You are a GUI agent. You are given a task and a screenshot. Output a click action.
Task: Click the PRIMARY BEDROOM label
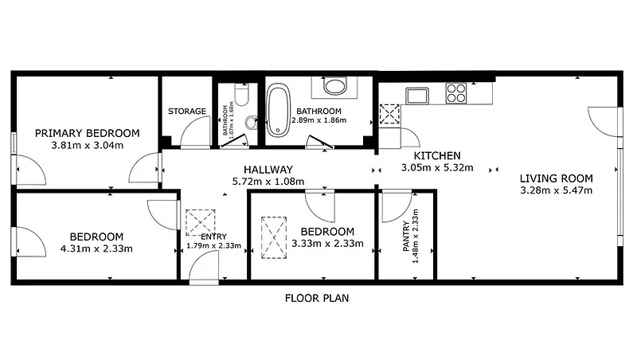point(88,133)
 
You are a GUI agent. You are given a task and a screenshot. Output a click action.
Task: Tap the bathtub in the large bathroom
point(278,110)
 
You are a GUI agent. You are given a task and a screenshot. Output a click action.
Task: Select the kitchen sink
point(417,96)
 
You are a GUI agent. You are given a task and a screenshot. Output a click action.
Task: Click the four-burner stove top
point(455,93)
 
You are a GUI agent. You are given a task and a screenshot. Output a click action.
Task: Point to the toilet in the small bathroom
point(242,94)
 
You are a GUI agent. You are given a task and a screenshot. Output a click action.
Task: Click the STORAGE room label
point(187,111)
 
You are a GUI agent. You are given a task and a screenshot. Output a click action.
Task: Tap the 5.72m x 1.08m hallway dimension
point(268,182)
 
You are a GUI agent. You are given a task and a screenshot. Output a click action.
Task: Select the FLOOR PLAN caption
point(317,298)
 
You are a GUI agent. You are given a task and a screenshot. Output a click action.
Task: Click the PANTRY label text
point(406,236)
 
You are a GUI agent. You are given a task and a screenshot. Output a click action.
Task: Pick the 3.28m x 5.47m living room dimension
point(556,190)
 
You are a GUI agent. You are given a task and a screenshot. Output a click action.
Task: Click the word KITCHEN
point(437,155)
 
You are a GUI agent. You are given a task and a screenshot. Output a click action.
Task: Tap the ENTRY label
point(214,237)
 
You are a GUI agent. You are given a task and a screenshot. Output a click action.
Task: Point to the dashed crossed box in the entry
point(201,222)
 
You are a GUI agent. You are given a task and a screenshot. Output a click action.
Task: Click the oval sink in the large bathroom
point(334,86)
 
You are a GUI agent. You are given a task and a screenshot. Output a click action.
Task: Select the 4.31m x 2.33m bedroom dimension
point(96,248)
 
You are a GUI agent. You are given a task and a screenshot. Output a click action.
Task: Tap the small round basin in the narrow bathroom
point(252,122)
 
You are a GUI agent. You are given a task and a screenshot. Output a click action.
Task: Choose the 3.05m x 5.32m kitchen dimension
point(437,167)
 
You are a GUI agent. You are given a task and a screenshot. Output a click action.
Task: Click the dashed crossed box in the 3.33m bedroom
point(274,237)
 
